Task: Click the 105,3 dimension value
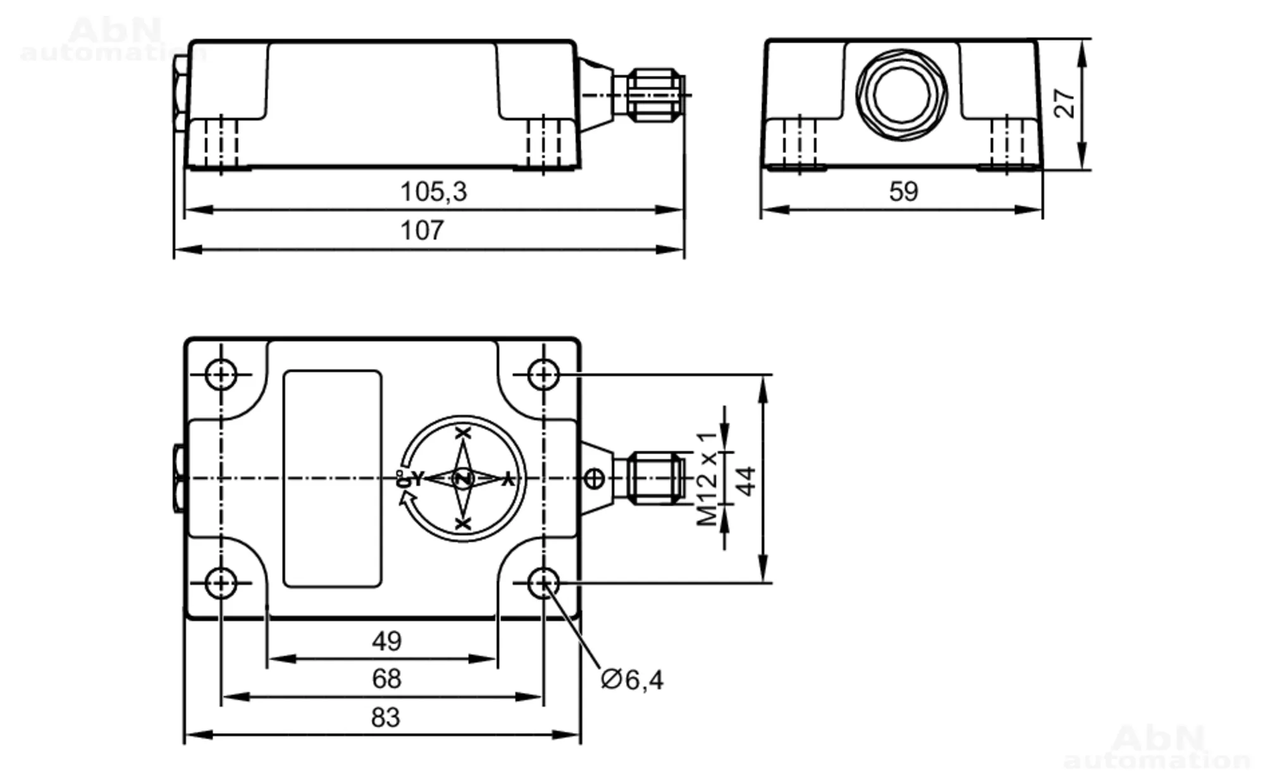(x=433, y=192)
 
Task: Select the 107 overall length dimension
(x=422, y=231)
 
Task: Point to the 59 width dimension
(x=903, y=192)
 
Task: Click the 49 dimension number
(x=386, y=641)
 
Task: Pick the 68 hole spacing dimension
(x=386, y=679)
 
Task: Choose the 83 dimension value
(x=385, y=718)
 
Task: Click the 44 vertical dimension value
(x=747, y=481)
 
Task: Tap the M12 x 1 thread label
(x=708, y=479)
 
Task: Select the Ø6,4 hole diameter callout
(x=632, y=680)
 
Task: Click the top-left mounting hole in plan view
(x=221, y=374)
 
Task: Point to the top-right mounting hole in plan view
(x=543, y=374)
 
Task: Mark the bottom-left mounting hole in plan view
(x=221, y=583)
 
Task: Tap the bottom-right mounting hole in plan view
(x=543, y=583)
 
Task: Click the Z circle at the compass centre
(x=464, y=479)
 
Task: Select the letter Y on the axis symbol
(x=417, y=479)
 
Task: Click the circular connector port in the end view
(x=902, y=94)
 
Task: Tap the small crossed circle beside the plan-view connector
(x=594, y=479)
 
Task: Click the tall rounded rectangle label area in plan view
(x=332, y=479)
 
